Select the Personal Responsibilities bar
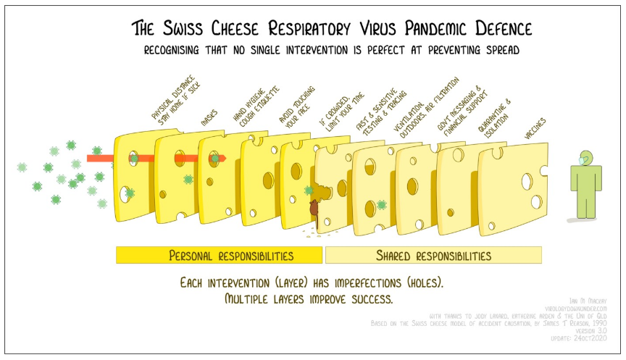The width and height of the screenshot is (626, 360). click(220, 255)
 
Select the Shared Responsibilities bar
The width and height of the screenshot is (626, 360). click(433, 255)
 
